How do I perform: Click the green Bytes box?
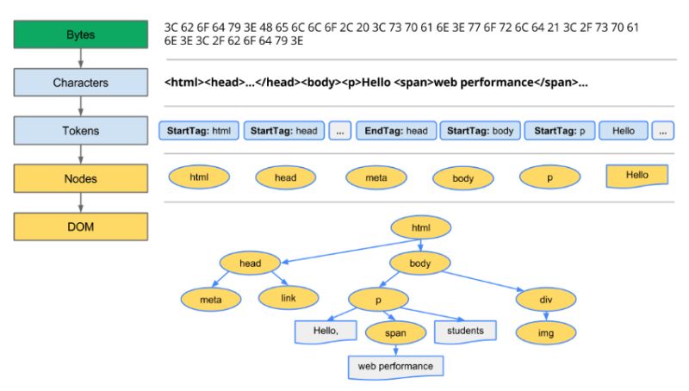tap(80, 35)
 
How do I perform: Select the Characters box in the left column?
tap(80, 83)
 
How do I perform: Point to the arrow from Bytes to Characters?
tap(80, 59)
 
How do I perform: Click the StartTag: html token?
tap(199, 131)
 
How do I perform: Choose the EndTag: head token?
tap(396, 131)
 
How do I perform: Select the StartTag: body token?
tap(480, 131)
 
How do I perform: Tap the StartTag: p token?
tap(560, 131)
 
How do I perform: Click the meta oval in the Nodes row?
tap(376, 177)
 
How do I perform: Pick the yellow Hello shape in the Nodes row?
tap(637, 176)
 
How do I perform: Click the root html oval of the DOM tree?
tap(420, 227)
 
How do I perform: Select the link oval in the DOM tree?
tap(289, 298)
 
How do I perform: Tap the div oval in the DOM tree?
tap(545, 299)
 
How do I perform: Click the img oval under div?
tap(545, 332)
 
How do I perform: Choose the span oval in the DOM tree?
tap(395, 332)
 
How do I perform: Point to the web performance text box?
tap(396, 366)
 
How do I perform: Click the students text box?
tap(465, 331)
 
